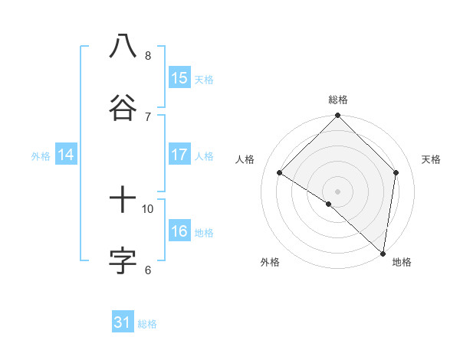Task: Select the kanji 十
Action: point(123,200)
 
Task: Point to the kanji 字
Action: point(123,260)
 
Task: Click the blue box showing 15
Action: point(179,77)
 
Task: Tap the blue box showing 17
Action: point(179,155)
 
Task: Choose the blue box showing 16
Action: point(179,231)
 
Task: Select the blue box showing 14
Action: point(66,155)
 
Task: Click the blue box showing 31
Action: point(123,322)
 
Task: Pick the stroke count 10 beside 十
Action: point(148,208)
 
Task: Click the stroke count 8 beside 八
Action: point(148,55)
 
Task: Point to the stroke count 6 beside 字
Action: point(148,270)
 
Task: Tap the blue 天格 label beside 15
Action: point(204,79)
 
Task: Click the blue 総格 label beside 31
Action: point(147,324)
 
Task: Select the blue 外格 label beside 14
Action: point(41,156)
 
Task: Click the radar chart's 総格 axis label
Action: point(337,100)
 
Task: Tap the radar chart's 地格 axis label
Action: point(402,262)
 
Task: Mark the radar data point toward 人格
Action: point(280,173)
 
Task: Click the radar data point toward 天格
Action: point(396,172)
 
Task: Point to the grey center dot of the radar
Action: point(337,191)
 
